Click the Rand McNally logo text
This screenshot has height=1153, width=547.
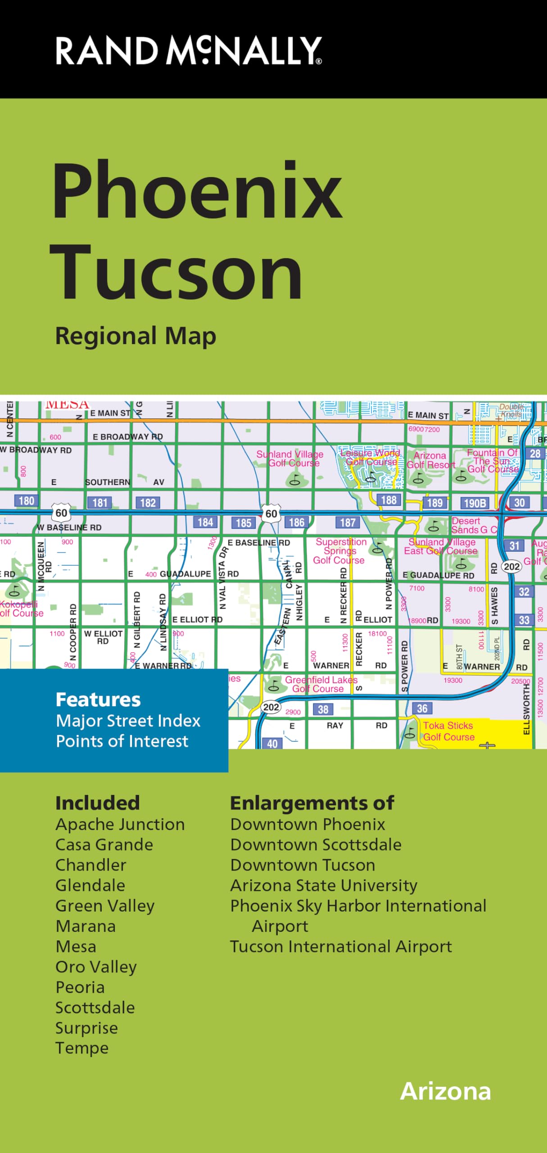(x=188, y=50)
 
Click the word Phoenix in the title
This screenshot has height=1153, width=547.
(x=197, y=191)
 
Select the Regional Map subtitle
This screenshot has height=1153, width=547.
(x=136, y=336)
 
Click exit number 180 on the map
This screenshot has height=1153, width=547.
(x=26, y=501)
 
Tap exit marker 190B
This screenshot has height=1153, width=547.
(x=475, y=503)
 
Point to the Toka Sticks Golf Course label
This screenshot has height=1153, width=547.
(x=448, y=731)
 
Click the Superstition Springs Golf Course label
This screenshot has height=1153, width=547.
(x=340, y=551)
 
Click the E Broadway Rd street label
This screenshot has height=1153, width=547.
(x=127, y=436)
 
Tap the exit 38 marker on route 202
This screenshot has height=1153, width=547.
(x=323, y=709)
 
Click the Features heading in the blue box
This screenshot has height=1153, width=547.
(x=98, y=699)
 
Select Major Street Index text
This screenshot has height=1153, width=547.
(x=128, y=721)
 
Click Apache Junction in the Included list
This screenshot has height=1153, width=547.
(x=120, y=824)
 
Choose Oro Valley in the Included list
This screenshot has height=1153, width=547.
(x=96, y=967)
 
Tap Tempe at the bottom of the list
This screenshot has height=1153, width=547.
(x=82, y=1048)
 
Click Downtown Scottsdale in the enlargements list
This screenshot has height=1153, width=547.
(x=316, y=844)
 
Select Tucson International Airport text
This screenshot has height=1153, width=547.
(x=341, y=946)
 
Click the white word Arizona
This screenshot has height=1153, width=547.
(x=445, y=1091)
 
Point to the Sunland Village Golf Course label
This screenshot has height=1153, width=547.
(x=290, y=458)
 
